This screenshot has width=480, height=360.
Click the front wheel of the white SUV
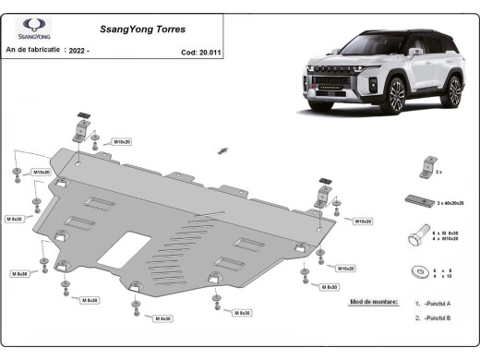click(x=396, y=96)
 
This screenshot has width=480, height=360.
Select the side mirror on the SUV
click(x=414, y=53)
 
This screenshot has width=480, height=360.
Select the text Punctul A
click(x=436, y=303)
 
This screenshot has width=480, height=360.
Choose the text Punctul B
click(x=436, y=318)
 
